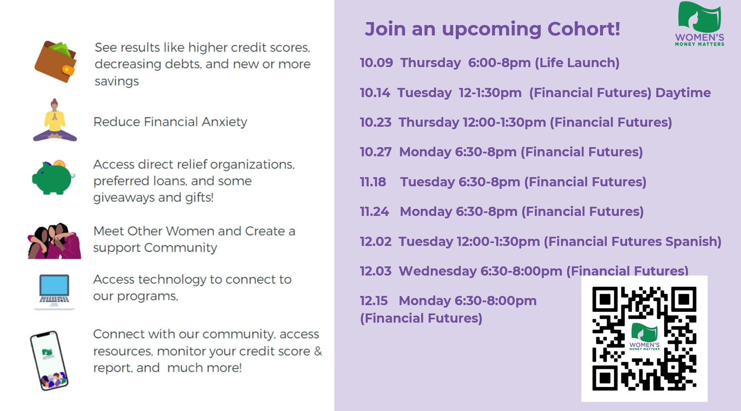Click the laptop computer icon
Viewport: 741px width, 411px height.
point(54,292)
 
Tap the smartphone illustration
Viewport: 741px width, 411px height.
point(49,361)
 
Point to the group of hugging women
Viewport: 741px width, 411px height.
point(54,241)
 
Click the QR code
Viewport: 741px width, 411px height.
point(644,338)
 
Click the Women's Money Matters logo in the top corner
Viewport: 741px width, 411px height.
point(700,24)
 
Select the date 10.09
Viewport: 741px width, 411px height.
point(376,63)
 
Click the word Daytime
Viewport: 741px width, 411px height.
point(683,93)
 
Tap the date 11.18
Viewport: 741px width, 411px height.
point(373,182)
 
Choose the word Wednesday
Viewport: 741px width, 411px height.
point(438,271)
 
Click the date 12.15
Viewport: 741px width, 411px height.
point(374,301)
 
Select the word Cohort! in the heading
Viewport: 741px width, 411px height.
point(584,29)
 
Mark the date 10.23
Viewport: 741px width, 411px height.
point(376,123)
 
